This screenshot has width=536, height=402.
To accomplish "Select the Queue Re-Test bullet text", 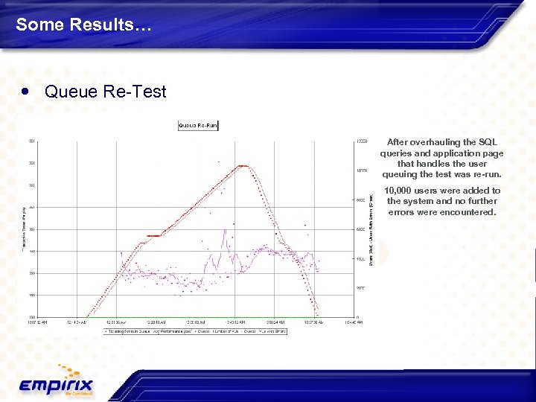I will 105,92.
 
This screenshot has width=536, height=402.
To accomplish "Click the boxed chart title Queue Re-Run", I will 197,126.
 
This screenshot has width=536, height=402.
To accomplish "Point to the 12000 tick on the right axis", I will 361,141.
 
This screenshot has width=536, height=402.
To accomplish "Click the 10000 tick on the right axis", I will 361,170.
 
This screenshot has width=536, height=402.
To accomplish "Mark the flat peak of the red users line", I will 242,166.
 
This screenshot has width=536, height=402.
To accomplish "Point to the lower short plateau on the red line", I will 153,235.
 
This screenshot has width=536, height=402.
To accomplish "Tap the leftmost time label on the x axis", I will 39,323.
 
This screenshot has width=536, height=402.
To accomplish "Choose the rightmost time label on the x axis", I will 354,323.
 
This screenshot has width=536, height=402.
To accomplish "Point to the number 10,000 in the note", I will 403,191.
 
